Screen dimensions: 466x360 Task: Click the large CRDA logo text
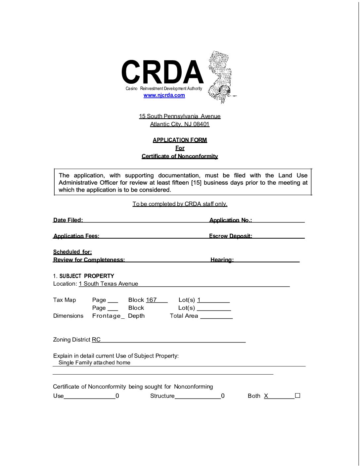pyautogui.click(x=162, y=72)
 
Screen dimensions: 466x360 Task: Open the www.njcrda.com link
pyautogui.click(x=164, y=95)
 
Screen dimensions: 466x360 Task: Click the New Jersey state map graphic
pyautogui.click(x=220, y=77)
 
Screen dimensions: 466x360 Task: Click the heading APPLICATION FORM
pyautogui.click(x=180, y=140)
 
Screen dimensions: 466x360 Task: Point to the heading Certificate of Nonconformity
pyautogui.click(x=180, y=156)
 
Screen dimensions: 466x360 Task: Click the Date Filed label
pyautogui.click(x=68, y=220)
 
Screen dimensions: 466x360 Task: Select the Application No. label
pyautogui.click(x=230, y=220)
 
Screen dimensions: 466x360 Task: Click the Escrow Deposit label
pyautogui.click(x=230, y=236)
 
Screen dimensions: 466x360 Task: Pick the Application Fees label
pyautogui.click(x=76, y=236)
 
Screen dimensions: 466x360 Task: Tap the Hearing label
pyautogui.click(x=222, y=260)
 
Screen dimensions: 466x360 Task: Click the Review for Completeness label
pyautogui.click(x=89, y=260)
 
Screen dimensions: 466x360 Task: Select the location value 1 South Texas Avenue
pyautogui.click(x=109, y=284)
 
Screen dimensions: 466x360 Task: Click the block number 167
pyautogui.click(x=151, y=300)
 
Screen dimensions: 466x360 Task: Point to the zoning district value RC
pyautogui.click(x=96, y=340)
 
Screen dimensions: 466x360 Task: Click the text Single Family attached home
pyautogui.click(x=94, y=363)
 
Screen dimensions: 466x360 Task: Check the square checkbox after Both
pyautogui.click(x=297, y=396)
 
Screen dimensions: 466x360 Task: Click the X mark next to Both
pyautogui.click(x=266, y=396)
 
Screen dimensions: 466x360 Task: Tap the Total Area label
pyautogui.click(x=184, y=316)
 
